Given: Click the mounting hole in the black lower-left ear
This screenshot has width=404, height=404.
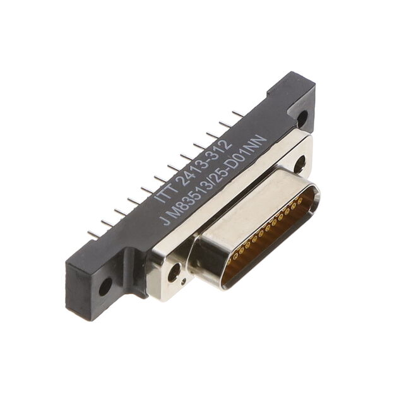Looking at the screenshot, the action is tap(105, 287).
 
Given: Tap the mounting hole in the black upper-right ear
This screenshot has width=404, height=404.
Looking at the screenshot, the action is tap(302, 117).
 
